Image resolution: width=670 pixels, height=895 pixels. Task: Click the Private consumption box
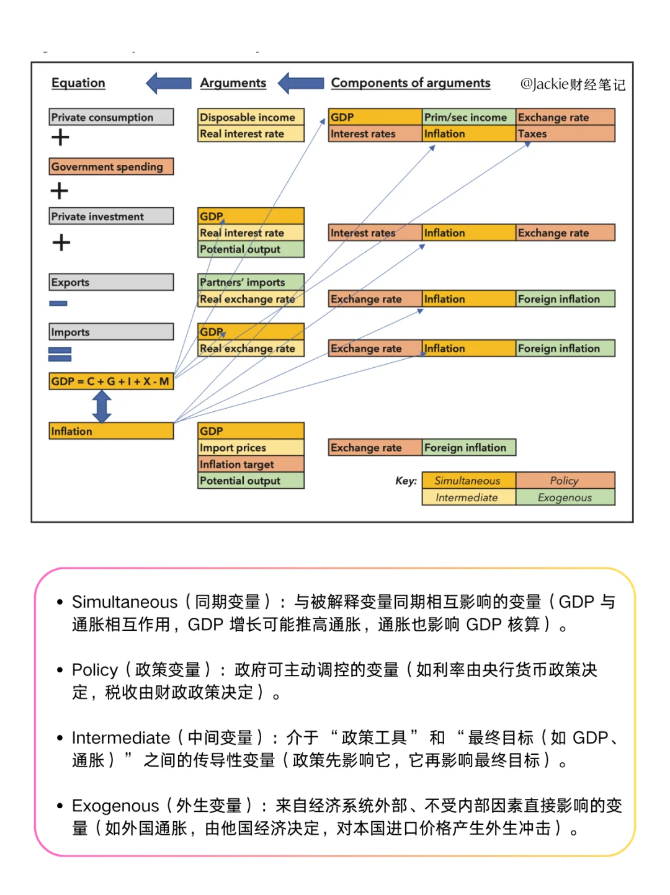click(111, 117)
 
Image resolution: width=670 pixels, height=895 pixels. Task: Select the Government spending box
click(111, 167)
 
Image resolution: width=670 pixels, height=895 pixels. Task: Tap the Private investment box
click(111, 216)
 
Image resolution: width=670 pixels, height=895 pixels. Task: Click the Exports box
click(111, 282)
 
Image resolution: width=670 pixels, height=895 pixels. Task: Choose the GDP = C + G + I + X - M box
click(111, 381)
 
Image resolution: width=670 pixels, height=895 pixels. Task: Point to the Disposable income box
click(251, 117)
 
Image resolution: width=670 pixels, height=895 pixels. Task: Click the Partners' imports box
click(251, 282)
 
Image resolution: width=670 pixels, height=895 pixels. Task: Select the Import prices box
click(251, 448)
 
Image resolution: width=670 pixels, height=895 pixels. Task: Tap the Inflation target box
click(251, 465)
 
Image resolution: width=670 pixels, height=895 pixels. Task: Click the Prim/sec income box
click(468, 117)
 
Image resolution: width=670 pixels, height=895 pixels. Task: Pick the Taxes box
click(565, 134)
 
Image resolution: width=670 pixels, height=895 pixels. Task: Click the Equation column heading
click(78, 83)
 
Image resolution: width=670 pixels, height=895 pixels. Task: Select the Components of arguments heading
click(410, 83)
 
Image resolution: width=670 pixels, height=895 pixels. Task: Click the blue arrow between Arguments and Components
click(301, 83)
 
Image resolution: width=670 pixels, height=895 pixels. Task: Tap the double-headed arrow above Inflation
click(102, 407)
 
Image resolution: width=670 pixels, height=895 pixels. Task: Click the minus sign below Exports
click(58, 303)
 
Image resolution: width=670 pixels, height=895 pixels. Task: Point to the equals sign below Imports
click(60, 354)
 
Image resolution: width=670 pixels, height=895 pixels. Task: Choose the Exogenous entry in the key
click(565, 497)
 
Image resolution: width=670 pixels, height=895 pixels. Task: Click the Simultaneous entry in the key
click(468, 481)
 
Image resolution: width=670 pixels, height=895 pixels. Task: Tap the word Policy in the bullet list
click(94, 670)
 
